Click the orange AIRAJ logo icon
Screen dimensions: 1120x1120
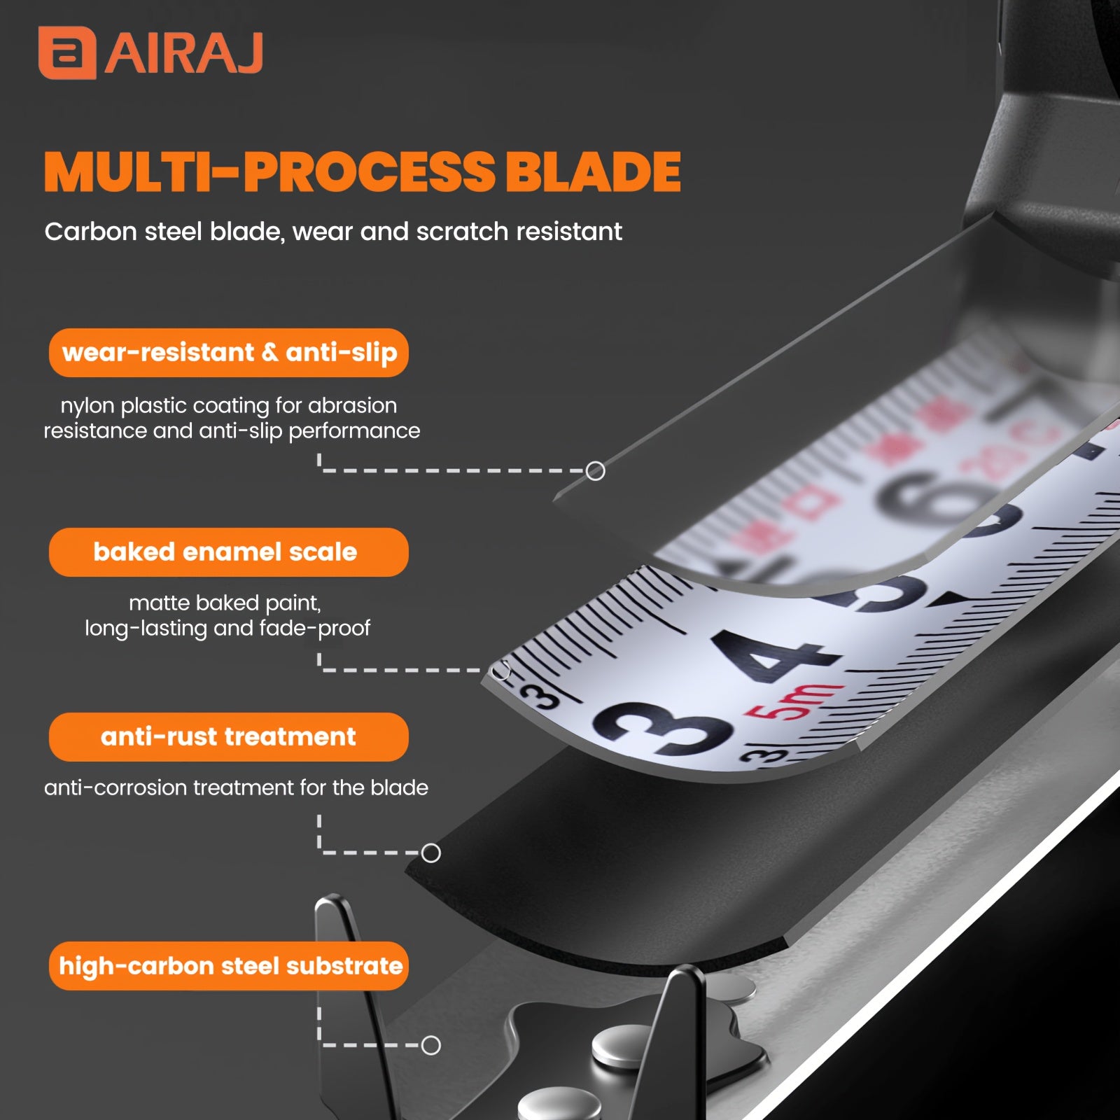click(67, 53)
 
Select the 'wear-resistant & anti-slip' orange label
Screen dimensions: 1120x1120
click(229, 353)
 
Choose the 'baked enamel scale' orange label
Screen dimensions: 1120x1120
click(229, 552)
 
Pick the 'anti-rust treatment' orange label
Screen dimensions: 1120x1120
click(229, 737)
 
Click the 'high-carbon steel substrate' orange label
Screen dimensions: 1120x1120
click(229, 966)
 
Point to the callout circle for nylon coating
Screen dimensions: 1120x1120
click(596, 471)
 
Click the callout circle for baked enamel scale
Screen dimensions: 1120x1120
click(501, 671)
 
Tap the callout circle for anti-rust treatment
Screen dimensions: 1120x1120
click(431, 853)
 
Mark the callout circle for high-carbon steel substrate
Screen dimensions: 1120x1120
click(431, 1046)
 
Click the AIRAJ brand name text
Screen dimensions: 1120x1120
click(184, 52)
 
